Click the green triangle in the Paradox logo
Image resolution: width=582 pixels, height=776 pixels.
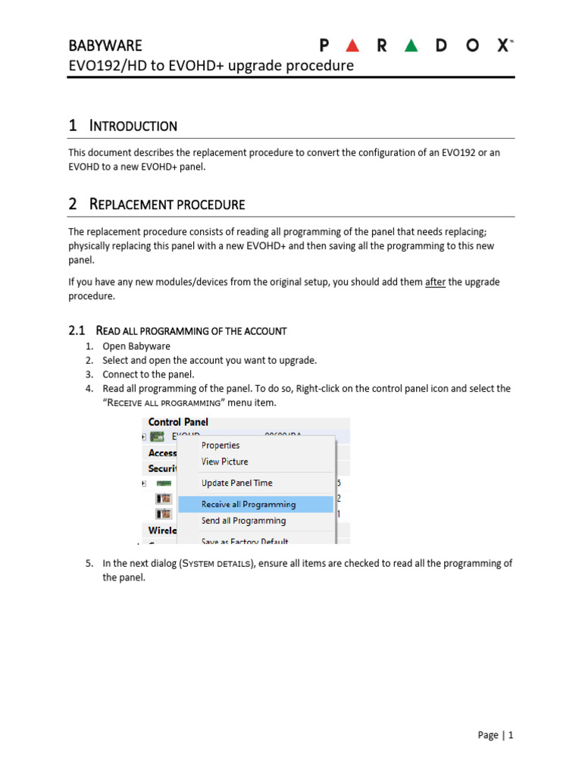pyautogui.click(x=411, y=45)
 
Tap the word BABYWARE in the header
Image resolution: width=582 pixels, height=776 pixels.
pyautogui.click(x=105, y=45)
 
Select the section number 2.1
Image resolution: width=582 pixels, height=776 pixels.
pyautogui.click(x=77, y=330)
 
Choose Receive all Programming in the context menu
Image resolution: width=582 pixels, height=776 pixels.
pyautogui.click(x=249, y=504)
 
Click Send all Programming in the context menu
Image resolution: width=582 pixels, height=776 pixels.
pyautogui.click(x=243, y=521)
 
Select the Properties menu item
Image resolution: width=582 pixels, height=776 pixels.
pyautogui.click(x=221, y=446)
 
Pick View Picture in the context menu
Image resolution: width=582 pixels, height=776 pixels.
pyautogui.click(x=224, y=462)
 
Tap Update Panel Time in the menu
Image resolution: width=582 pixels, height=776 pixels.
pyautogui.click(x=236, y=483)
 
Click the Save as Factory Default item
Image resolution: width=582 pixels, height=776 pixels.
pyautogui.click(x=246, y=541)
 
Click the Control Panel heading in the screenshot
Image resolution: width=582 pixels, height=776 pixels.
pyautogui.click(x=178, y=422)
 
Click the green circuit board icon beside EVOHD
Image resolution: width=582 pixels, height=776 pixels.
pyautogui.click(x=158, y=437)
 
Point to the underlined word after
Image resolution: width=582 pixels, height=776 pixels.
pyautogui.click(x=435, y=282)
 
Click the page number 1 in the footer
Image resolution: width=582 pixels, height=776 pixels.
pyautogui.click(x=511, y=735)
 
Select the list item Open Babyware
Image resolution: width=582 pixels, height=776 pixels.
pyautogui.click(x=136, y=346)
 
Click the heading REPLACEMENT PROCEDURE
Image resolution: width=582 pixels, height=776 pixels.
pyautogui.click(x=167, y=204)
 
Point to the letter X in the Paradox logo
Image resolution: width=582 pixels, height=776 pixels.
pyautogui.click(x=502, y=45)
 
